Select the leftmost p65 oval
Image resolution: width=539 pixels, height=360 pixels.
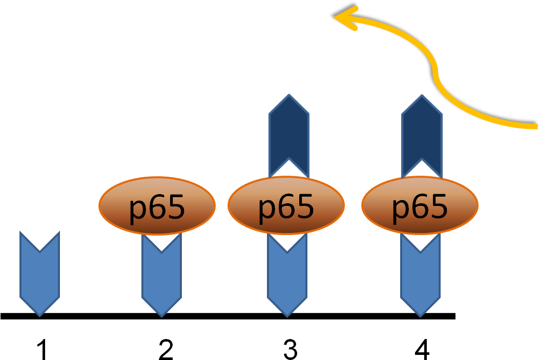tap(157, 206)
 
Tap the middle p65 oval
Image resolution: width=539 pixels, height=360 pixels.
tap(286, 206)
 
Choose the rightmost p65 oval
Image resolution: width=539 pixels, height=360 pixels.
tap(420, 206)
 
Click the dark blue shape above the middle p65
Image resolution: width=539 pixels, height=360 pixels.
tap(289, 133)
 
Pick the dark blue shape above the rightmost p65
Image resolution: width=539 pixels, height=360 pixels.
tap(422, 133)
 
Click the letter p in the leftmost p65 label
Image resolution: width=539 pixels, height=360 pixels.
tap(137, 209)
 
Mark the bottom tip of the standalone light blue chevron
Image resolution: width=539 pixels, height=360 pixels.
tap(39, 314)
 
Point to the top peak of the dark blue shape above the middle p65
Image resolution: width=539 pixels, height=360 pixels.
tap(289, 96)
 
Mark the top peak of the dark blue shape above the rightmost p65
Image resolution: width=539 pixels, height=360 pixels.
tap(422, 96)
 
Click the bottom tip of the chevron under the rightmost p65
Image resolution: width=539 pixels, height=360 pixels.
tap(420, 314)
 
